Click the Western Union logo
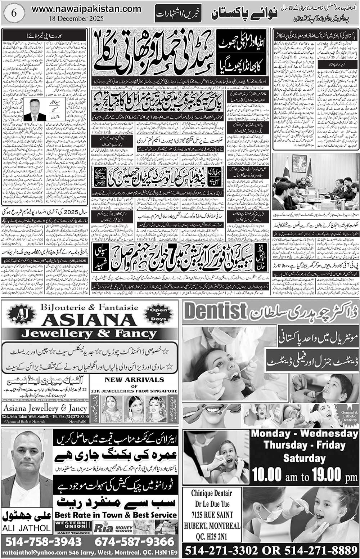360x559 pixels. tap(72, 528)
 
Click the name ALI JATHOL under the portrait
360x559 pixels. tap(27, 528)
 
